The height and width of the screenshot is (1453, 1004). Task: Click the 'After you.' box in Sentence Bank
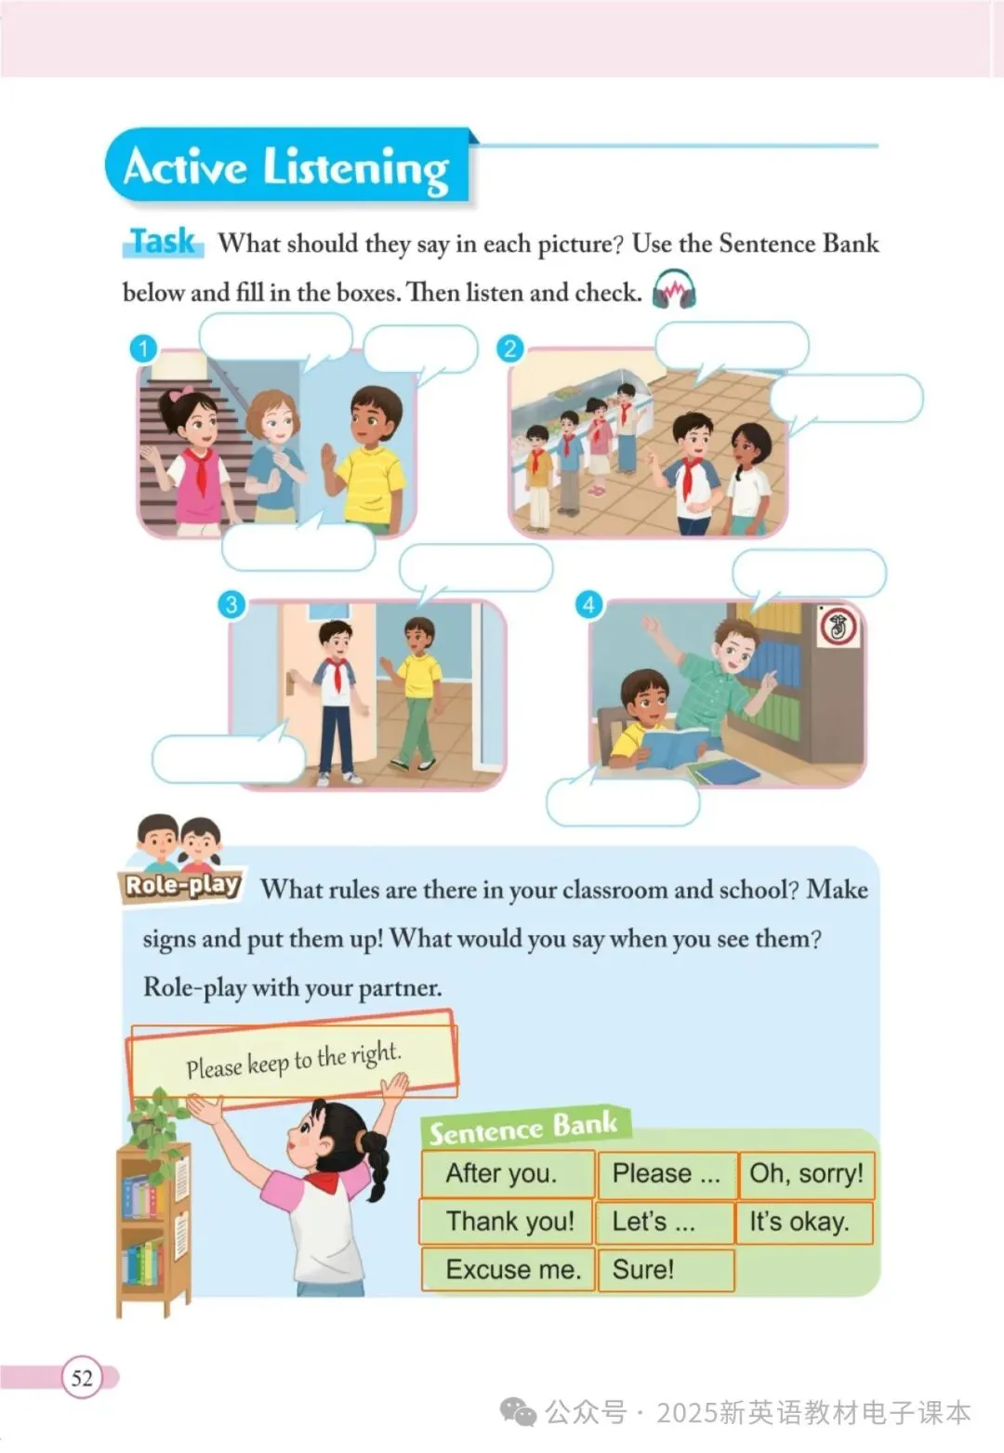pyautogui.click(x=508, y=1173)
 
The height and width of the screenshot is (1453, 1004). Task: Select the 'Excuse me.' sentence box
pyautogui.click(x=508, y=1270)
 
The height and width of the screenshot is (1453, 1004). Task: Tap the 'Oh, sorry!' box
pyautogui.click(x=806, y=1173)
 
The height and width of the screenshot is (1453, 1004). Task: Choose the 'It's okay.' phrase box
pyautogui.click(x=803, y=1222)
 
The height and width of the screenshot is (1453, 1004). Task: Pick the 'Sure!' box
pyautogui.click(x=666, y=1270)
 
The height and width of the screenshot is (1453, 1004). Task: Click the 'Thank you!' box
pyautogui.click(x=507, y=1222)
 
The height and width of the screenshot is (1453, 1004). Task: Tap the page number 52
pyautogui.click(x=82, y=1377)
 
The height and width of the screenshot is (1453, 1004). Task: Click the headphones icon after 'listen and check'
pyautogui.click(x=674, y=289)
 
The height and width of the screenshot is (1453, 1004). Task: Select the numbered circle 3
pyautogui.click(x=231, y=605)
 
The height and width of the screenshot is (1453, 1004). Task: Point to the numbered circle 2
pyautogui.click(x=509, y=349)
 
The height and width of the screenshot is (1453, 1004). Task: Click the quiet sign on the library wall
pyautogui.click(x=838, y=627)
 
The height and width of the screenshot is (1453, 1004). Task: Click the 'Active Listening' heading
pyautogui.click(x=286, y=167)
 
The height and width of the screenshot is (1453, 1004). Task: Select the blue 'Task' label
pyautogui.click(x=163, y=242)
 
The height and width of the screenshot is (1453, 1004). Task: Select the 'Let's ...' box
pyautogui.click(x=665, y=1222)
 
